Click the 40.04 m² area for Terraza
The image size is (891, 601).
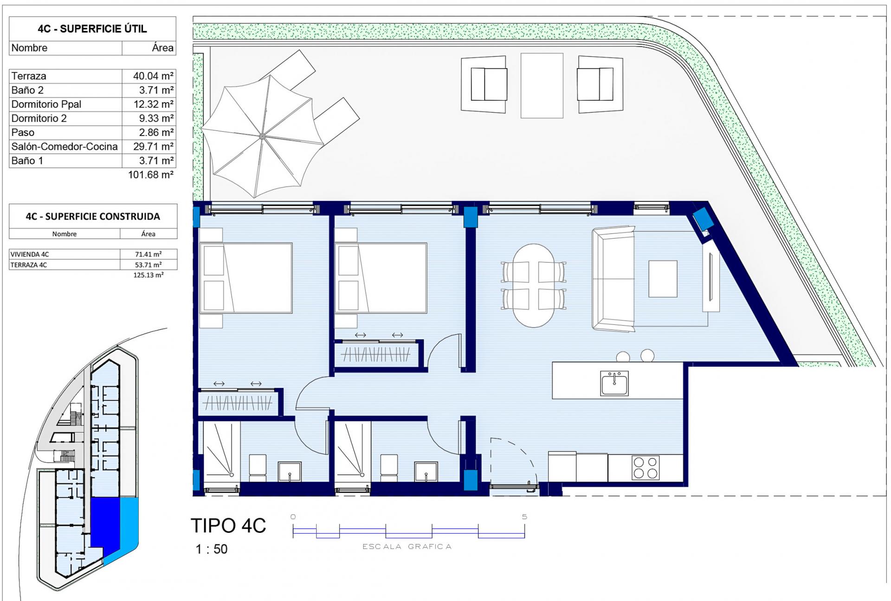point(153,76)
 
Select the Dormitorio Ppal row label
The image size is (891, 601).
point(46,104)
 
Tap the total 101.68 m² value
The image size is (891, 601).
point(150,175)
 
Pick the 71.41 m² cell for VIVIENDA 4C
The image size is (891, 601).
point(148,254)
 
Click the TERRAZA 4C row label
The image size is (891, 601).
point(29,265)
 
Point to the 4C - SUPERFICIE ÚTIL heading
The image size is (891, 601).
point(92,29)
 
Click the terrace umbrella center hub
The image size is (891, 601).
point(262,136)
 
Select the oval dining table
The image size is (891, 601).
point(534,285)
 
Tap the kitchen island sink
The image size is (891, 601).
point(614,383)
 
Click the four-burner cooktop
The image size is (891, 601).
point(645,468)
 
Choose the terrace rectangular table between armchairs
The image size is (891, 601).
point(542,85)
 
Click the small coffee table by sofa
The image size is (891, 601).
point(663,278)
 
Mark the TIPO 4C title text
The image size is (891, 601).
point(228,526)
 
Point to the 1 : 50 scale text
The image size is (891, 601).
point(212,549)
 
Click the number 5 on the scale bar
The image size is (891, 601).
point(524,517)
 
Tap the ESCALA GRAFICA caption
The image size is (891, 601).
point(407,547)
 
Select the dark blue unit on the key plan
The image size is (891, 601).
point(105,522)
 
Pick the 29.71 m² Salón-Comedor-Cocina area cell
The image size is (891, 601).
point(153,147)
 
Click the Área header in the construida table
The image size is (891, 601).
point(148,234)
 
